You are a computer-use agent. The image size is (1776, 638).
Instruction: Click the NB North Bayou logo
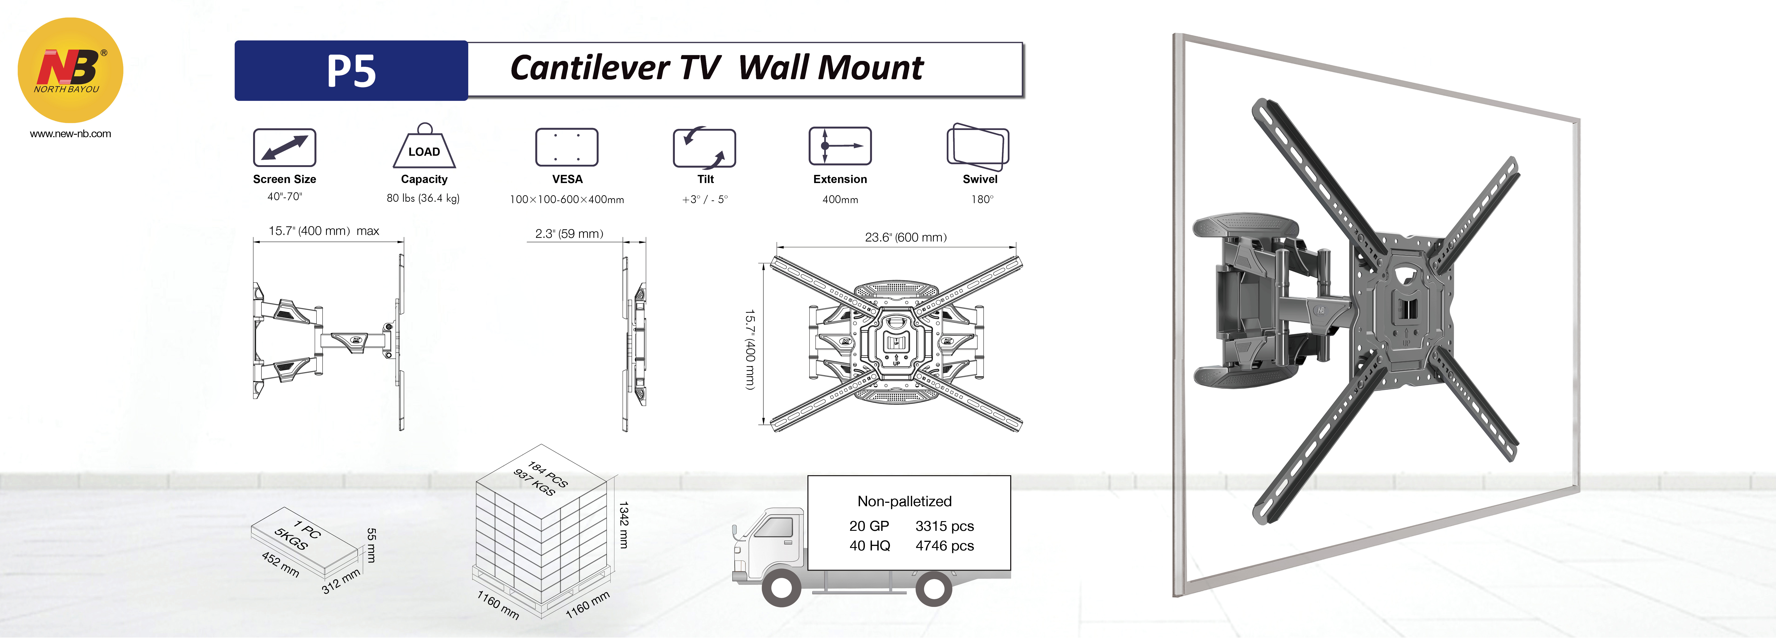[70, 70]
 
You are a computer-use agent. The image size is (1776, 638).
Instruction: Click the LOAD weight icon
[424, 147]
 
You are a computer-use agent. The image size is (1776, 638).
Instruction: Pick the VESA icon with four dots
[567, 147]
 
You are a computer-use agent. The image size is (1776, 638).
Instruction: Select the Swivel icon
[978, 147]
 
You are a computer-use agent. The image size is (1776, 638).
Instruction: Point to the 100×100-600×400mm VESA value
[567, 199]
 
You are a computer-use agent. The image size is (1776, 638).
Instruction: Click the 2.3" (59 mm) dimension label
[569, 234]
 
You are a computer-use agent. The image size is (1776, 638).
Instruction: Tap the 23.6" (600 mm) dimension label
[905, 237]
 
